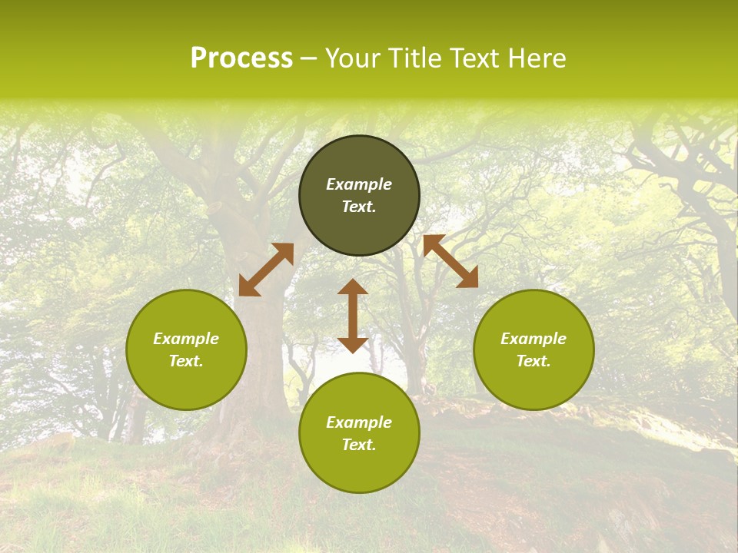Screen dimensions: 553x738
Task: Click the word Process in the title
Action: tap(241, 58)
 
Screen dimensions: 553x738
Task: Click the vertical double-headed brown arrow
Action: tap(353, 316)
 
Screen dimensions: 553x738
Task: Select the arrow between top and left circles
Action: tap(266, 270)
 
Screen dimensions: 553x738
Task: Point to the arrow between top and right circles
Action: tap(450, 262)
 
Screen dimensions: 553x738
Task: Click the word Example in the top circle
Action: tap(359, 184)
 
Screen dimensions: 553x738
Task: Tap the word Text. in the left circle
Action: tap(186, 361)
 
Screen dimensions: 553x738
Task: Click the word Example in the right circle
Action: tap(534, 339)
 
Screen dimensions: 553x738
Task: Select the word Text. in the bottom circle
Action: tap(359, 445)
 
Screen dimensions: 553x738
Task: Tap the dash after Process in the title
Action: tap(308, 58)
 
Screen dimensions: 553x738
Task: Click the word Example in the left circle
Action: tap(186, 339)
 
